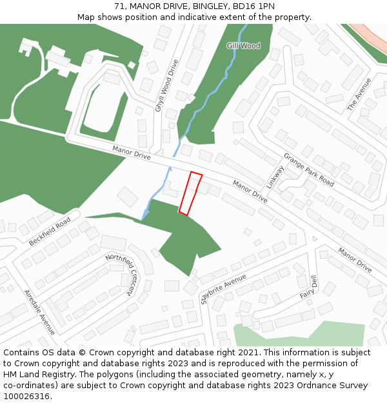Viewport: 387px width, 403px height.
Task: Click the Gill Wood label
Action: coord(243,46)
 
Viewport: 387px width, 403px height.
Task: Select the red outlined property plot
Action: coord(190,193)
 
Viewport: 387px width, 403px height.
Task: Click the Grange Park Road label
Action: coord(308,170)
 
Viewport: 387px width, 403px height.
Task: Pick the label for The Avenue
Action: coord(359,94)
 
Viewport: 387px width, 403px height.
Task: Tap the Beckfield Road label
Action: coord(50,231)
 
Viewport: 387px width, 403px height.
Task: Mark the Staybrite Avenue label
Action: coord(223,288)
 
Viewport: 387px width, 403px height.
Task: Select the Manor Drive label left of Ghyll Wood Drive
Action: coord(131,153)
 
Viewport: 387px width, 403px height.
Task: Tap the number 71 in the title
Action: coord(119,6)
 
